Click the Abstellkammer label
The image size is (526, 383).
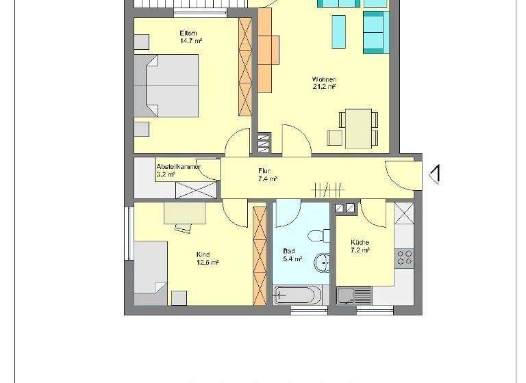pos(177,166)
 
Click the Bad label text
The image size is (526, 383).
pos(288,251)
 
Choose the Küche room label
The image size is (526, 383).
pos(360,242)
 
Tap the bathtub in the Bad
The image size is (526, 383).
pos(296,295)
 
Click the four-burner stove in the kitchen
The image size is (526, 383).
pos(404,257)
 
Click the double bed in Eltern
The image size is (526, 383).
pos(167,85)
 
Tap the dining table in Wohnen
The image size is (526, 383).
pos(357,127)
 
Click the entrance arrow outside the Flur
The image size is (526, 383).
pos(434,174)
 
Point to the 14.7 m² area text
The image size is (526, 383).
pos(190,41)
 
